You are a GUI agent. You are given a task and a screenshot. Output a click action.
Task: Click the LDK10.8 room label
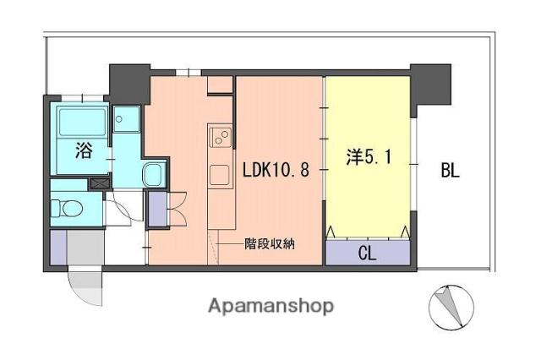point(276,170)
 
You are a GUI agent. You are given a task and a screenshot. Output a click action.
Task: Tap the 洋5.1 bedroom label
point(369,157)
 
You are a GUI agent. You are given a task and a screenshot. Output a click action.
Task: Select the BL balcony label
point(451,170)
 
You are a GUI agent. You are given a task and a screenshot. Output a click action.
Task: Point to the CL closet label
point(367,254)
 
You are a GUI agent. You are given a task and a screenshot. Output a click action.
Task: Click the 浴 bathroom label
point(84,150)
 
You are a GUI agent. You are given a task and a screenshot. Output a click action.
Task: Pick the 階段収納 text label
point(270,243)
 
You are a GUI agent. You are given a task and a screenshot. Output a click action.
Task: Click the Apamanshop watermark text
point(270,306)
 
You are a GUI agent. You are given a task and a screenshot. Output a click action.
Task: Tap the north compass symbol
point(451,307)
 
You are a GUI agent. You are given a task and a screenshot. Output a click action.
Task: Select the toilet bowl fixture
point(67,209)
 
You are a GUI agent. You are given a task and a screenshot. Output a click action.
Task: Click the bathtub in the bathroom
point(83,122)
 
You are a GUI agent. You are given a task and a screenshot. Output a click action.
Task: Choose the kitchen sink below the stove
point(220,175)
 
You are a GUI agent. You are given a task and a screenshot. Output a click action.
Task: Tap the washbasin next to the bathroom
point(154,174)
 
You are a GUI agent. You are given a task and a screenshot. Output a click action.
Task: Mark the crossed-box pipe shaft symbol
point(100,183)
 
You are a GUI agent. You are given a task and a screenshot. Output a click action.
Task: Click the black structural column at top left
point(129,84)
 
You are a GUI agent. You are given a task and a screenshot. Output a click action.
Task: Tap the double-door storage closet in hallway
point(157,210)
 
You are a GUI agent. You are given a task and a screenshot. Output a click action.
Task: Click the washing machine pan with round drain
point(127,119)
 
